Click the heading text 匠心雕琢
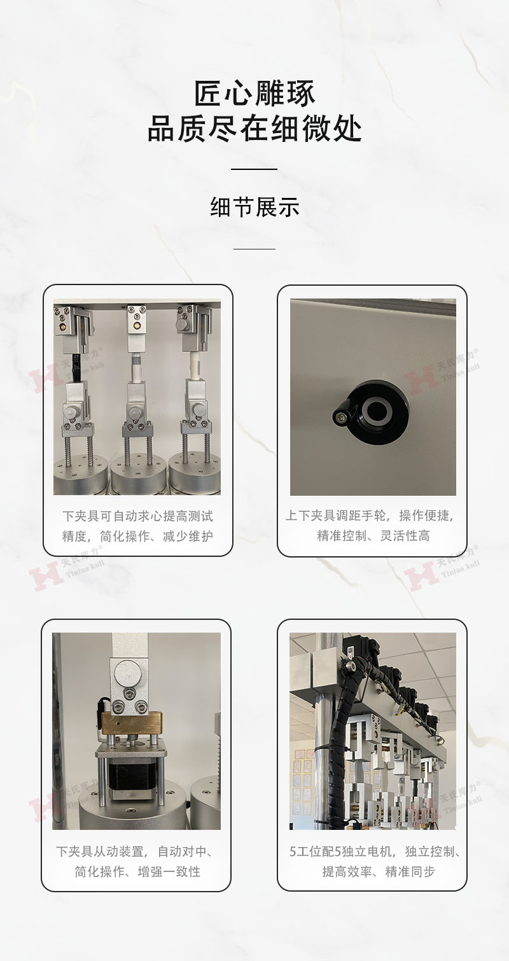[254, 93]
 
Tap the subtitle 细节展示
[254, 207]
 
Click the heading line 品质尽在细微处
[254, 128]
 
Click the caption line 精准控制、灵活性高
[373, 535]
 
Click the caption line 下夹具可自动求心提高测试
[137, 516]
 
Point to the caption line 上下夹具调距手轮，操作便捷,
[370, 516]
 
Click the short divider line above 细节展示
[254, 169]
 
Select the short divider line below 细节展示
[254, 249]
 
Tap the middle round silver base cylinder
[138, 475]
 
